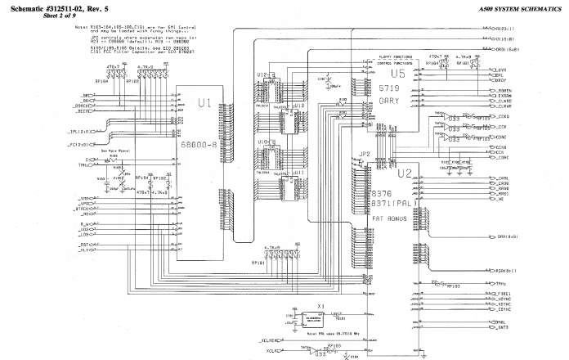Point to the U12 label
pyautogui.click(x=261, y=74)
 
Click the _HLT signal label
pyautogui.click(x=84, y=251)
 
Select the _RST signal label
pyautogui.click(x=84, y=244)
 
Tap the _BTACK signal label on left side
pyautogui.click(x=84, y=209)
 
